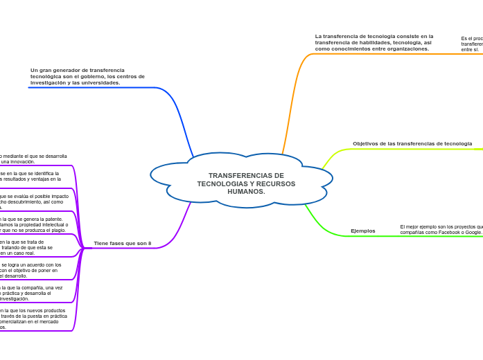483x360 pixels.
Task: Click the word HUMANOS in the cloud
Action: click(x=246, y=191)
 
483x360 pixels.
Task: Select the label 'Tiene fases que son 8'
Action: click(x=122, y=243)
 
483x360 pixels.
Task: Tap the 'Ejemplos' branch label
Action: click(x=362, y=231)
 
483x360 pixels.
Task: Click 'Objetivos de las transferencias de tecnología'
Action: click(x=412, y=143)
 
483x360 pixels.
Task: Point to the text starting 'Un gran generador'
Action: click(x=87, y=76)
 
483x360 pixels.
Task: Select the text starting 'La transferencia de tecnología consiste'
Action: click(x=374, y=42)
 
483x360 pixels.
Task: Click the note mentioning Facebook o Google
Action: click(x=441, y=229)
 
